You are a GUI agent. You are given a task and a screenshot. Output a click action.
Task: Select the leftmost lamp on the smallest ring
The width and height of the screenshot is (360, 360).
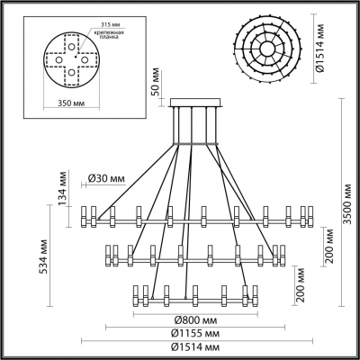pyautogui.click(x=135, y=296)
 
